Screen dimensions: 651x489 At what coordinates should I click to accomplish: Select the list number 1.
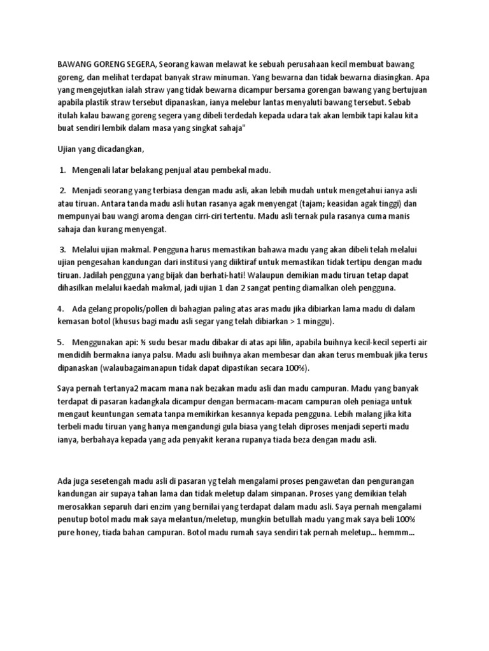pos(62,170)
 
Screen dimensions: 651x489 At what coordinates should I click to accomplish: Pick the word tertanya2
pos(127,388)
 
